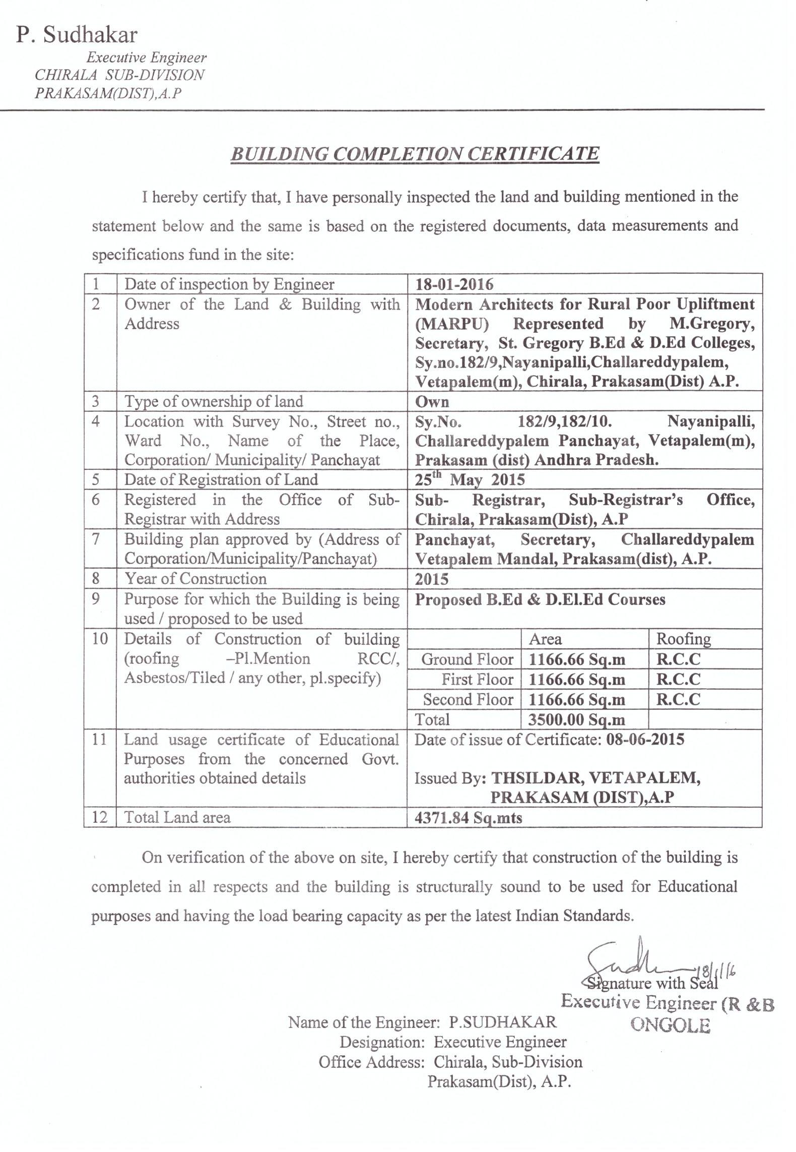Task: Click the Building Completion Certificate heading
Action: tap(415, 153)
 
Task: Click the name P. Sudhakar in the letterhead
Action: tap(77, 35)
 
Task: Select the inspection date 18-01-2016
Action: tap(454, 284)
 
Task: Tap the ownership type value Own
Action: tap(432, 401)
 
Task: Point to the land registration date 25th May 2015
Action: tap(470, 479)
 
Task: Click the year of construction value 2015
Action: tap(431, 579)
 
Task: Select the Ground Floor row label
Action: tap(467, 659)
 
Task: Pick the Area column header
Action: tap(545, 639)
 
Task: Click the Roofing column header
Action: tap(683, 639)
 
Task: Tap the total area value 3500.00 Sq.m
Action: tap(576, 719)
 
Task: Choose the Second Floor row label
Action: tap(468, 700)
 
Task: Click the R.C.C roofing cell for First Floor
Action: tap(678, 680)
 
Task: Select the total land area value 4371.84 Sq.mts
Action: tap(468, 817)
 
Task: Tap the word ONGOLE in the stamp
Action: tap(670, 1025)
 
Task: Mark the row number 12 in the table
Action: tap(100, 817)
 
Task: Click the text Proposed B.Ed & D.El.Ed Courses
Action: tap(540, 599)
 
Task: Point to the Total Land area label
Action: tap(177, 817)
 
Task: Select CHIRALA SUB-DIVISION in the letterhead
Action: tap(119, 75)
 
